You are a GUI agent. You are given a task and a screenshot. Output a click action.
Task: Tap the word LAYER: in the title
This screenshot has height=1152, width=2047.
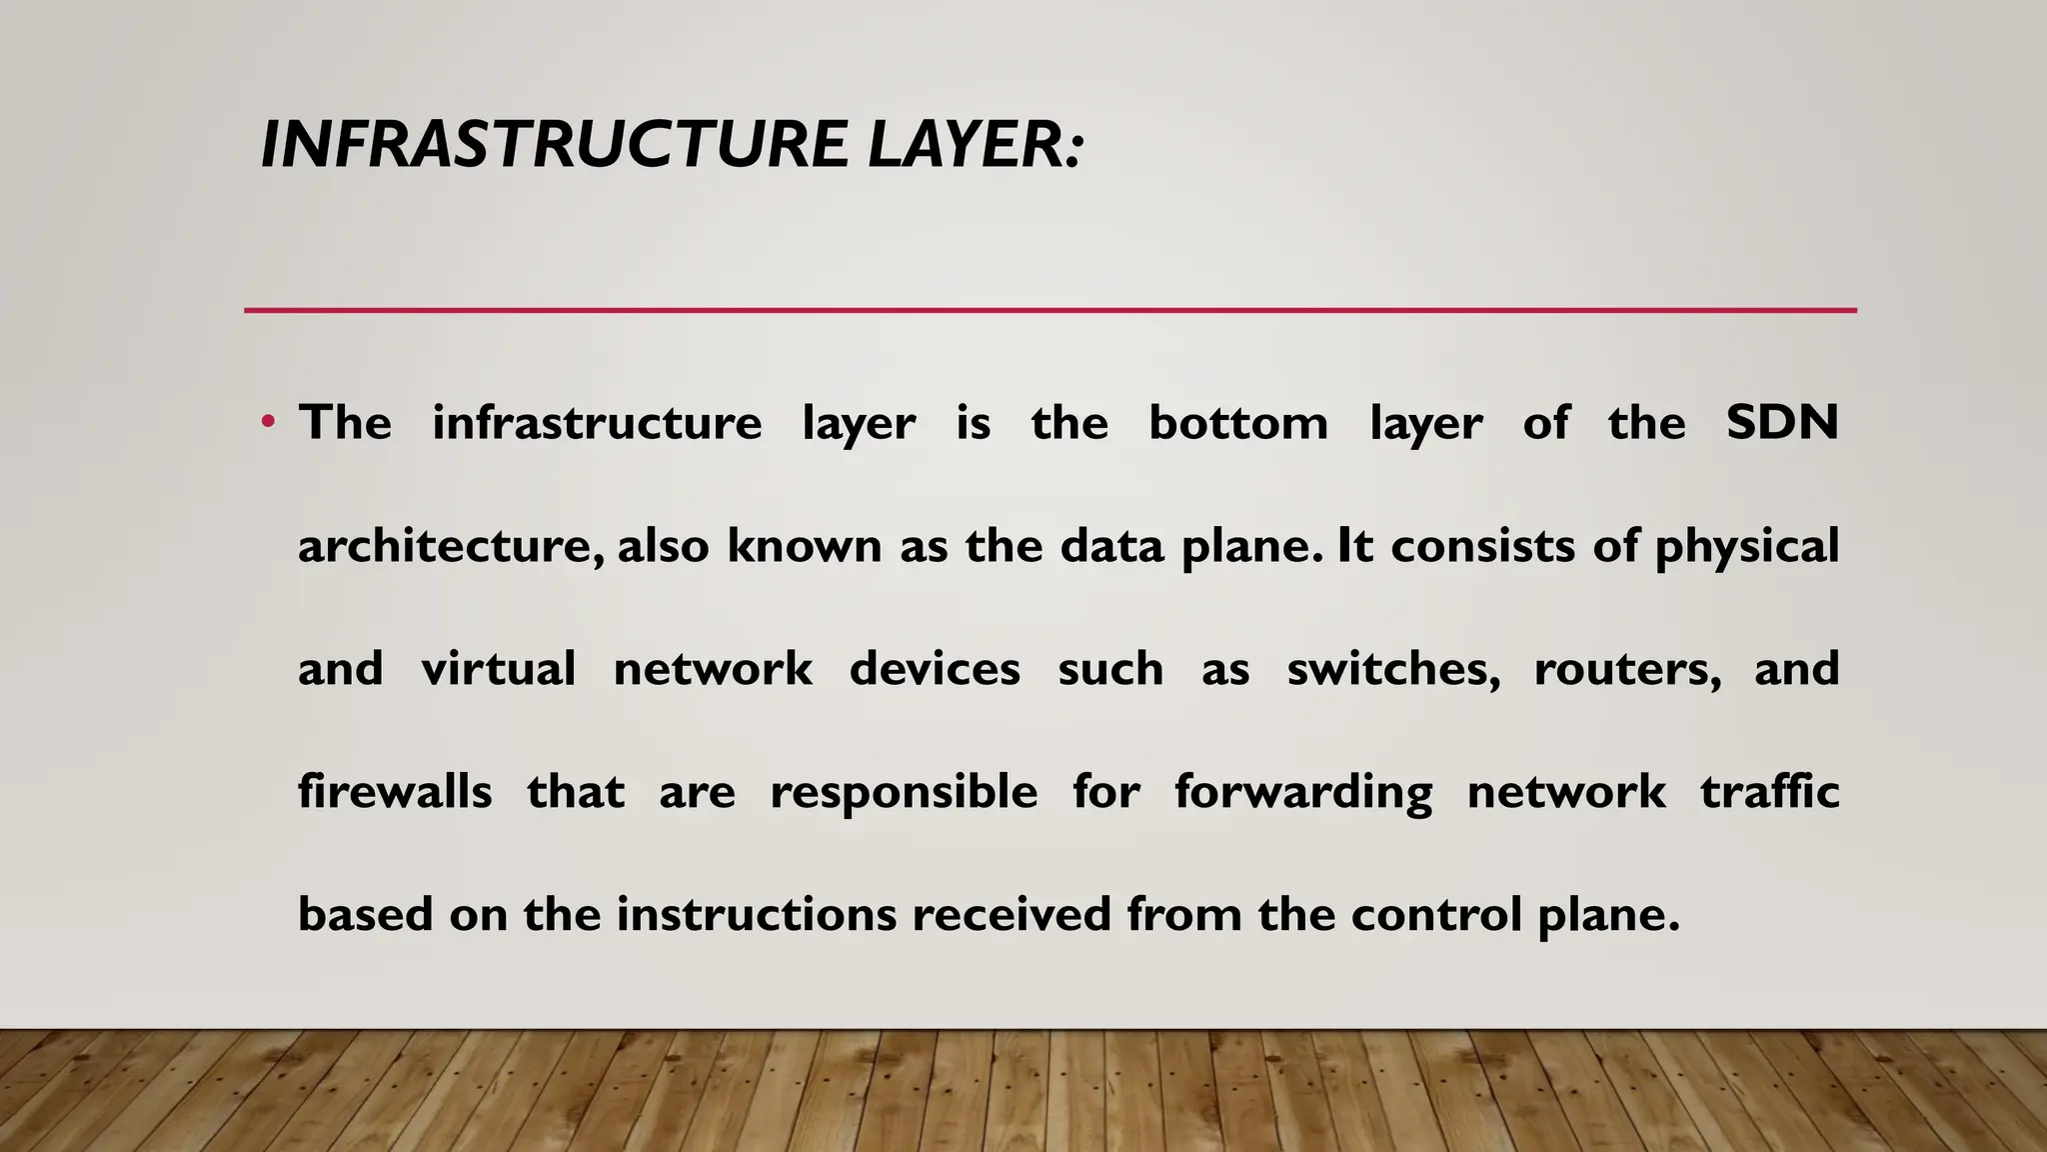coord(975,145)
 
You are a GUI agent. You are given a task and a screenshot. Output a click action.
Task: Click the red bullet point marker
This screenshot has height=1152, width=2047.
coord(267,422)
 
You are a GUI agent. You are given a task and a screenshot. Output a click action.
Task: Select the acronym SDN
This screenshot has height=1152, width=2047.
coord(1782,422)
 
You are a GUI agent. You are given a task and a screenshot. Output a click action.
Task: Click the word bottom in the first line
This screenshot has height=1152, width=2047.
coord(1237,422)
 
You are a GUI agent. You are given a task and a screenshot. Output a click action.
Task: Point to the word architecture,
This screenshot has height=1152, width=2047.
coord(451,546)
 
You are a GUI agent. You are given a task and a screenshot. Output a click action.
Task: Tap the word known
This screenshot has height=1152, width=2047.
coord(804,546)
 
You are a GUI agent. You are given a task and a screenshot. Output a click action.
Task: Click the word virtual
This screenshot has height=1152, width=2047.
coord(498,668)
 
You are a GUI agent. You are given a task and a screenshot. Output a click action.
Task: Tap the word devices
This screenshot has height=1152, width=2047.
coord(935,668)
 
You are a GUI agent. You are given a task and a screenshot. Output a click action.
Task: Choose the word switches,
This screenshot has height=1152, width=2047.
coord(1393,668)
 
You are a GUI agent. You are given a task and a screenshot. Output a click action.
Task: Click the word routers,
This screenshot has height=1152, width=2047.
coord(1627,668)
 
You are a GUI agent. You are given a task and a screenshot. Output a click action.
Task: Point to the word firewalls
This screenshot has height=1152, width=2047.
coord(395,791)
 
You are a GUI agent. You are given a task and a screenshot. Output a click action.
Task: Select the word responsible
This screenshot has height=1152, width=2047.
coord(904,793)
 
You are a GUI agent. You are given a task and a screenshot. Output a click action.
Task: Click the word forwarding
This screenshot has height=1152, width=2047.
coord(1302,793)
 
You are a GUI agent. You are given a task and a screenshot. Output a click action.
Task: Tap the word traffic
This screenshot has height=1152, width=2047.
coord(1769,791)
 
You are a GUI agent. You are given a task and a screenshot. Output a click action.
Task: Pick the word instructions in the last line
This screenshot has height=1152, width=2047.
coord(756,914)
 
